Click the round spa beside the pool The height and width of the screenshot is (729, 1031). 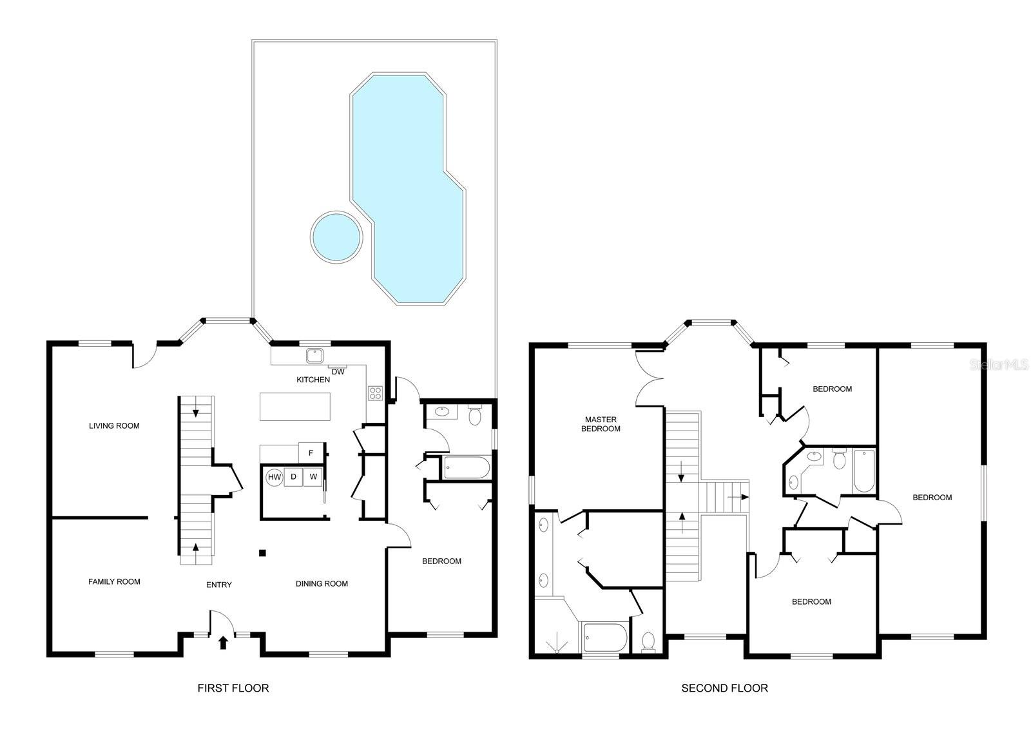point(336,236)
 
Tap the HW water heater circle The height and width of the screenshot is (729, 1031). point(275,477)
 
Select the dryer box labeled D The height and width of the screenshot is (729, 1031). point(294,477)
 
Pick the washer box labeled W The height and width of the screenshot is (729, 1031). point(313,477)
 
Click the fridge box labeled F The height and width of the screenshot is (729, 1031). point(311,453)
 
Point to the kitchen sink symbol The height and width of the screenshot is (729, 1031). point(315,355)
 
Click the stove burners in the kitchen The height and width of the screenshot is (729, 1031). point(375,393)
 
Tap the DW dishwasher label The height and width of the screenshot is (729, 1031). point(338,371)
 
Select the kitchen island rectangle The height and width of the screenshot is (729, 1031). point(295,407)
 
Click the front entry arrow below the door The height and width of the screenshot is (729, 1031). point(224,642)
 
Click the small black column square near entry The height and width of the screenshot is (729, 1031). point(262,552)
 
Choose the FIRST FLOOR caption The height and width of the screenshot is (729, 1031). point(233,688)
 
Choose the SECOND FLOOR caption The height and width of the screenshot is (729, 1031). point(724,688)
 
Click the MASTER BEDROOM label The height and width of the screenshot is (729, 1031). point(601,424)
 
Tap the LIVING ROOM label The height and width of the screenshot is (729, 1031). point(114,425)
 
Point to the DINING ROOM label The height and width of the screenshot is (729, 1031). point(322,584)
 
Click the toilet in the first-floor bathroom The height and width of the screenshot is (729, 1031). point(475,416)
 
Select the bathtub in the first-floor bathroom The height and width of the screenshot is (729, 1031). point(467,467)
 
